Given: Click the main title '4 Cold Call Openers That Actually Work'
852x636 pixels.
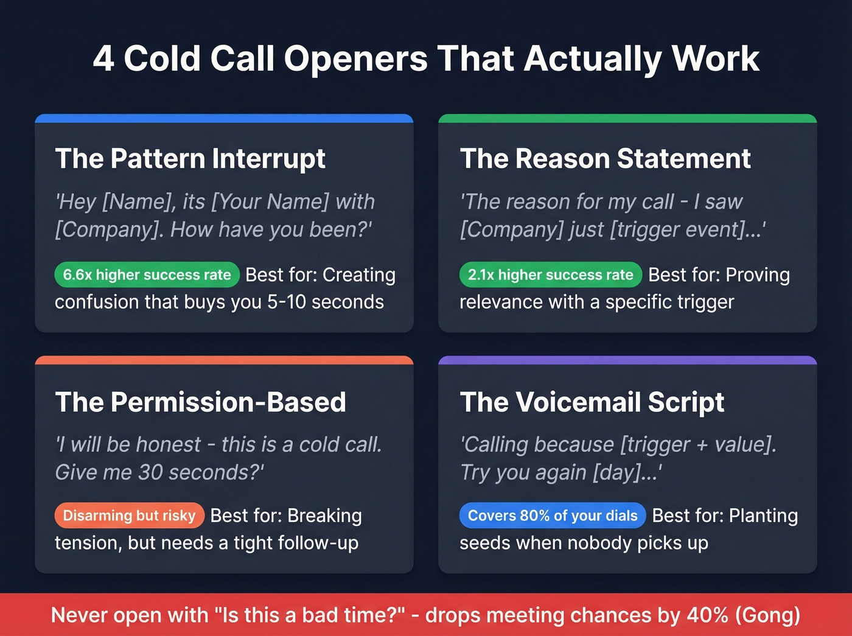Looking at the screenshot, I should click(426, 59).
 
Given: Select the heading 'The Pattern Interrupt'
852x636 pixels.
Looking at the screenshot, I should click(190, 159).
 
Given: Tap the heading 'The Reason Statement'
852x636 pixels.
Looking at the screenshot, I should click(605, 159).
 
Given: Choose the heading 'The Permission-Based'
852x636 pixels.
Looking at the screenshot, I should click(200, 402).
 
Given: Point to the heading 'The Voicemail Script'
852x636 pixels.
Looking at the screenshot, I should click(592, 402).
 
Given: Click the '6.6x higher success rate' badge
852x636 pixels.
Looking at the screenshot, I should click(147, 275).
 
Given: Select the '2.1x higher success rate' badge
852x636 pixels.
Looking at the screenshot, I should click(550, 275).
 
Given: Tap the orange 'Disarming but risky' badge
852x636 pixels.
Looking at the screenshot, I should click(129, 515).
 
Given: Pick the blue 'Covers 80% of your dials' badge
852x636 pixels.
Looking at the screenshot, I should click(552, 515).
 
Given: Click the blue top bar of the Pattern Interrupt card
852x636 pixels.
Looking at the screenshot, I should click(224, 118).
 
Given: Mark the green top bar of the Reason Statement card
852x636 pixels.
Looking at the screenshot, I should click(627, 118).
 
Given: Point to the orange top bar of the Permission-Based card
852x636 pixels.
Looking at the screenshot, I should click(224, 360).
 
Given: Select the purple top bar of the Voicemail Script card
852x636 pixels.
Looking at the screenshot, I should click(627, 360).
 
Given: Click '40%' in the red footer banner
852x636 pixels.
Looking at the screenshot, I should click(707, 615).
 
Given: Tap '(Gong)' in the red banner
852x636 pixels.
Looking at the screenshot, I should click(767, 615).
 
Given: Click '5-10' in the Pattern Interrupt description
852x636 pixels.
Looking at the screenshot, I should click(287, 302).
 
